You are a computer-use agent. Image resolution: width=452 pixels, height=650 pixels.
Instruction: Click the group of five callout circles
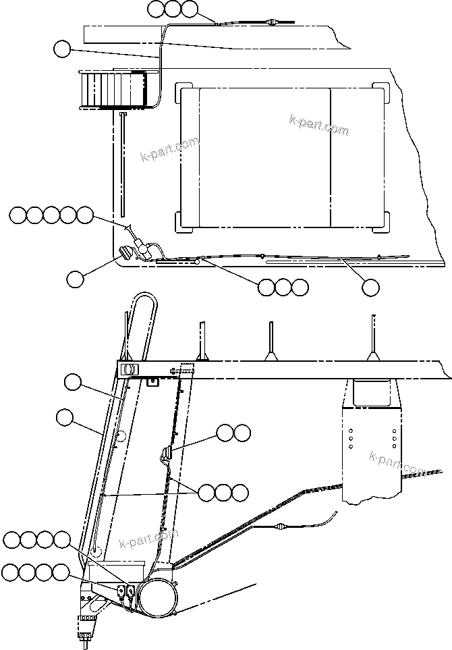pos(52,215)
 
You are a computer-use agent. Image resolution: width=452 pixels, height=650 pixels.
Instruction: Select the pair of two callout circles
pos(233,432)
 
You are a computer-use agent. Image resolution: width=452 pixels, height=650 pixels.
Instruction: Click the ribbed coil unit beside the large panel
pos(113,88)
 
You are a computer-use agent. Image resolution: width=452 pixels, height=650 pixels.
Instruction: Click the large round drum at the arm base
pos(157,591)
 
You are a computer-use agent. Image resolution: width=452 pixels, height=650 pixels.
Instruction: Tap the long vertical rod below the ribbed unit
pos(125,165)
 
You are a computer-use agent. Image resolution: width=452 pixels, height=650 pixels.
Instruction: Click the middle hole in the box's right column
pos(394,437)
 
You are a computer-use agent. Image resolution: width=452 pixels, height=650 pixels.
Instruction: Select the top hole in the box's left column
pos(351,429)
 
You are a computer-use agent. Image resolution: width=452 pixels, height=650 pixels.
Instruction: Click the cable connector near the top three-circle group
pos(271,23)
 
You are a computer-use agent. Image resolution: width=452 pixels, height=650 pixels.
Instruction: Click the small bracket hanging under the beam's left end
pos(152,381)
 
